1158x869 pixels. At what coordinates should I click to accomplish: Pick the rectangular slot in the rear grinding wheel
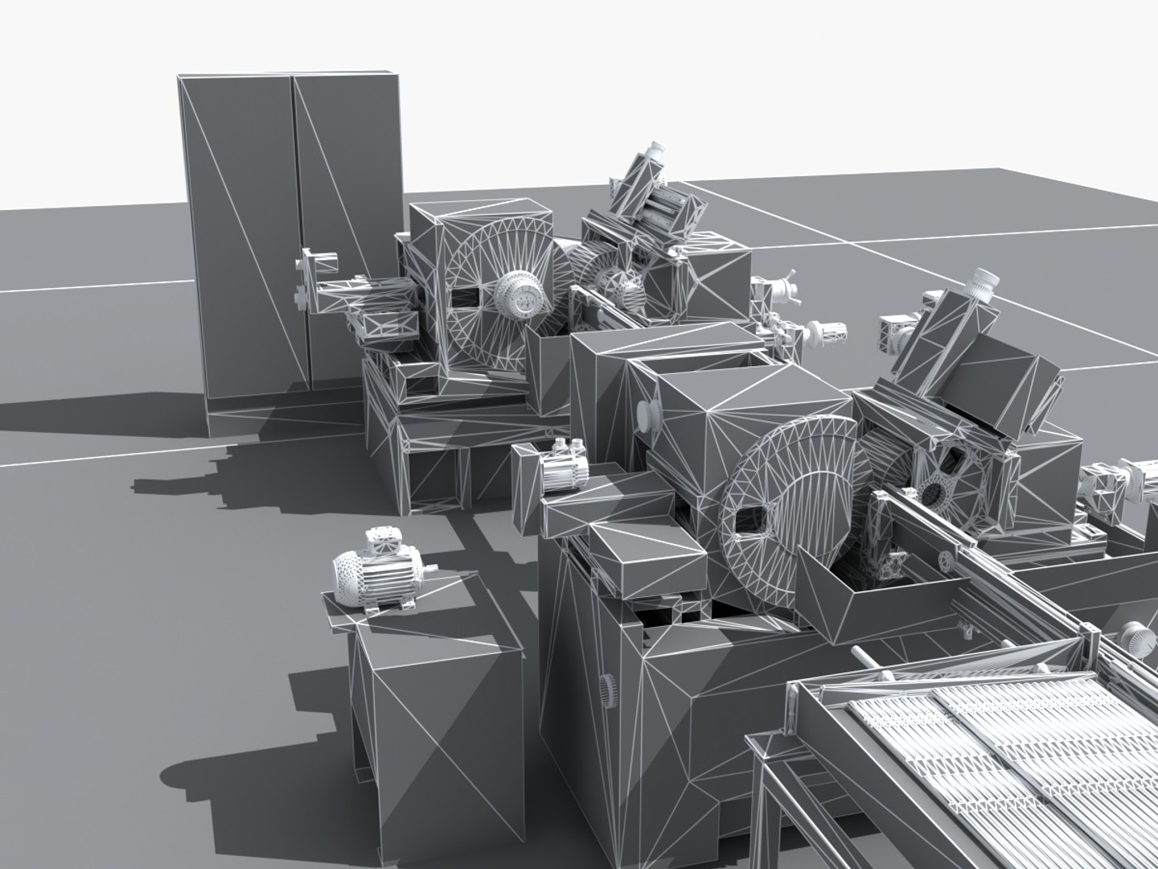click(x=465, y=297)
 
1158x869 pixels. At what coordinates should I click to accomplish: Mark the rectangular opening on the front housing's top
click(x=700, y=363)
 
